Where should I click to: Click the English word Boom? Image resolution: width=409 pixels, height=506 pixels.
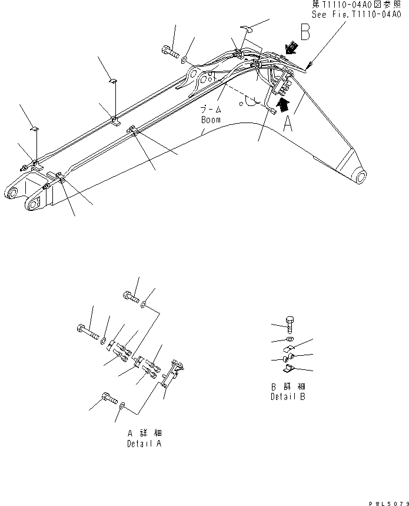click(210, 120)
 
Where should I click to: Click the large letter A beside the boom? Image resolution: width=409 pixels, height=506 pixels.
click(287, 124)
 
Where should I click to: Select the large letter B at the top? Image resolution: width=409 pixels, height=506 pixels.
click(305, 31)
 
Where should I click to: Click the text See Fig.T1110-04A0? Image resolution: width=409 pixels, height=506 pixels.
click(357, 16)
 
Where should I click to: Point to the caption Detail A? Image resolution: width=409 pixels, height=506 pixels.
click(143, 444)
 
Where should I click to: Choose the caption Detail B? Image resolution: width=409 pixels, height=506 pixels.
click(288, 396)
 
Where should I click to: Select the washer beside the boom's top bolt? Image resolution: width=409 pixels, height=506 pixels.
click(184, 59)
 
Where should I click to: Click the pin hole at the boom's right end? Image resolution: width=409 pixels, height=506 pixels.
click(359, 175)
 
